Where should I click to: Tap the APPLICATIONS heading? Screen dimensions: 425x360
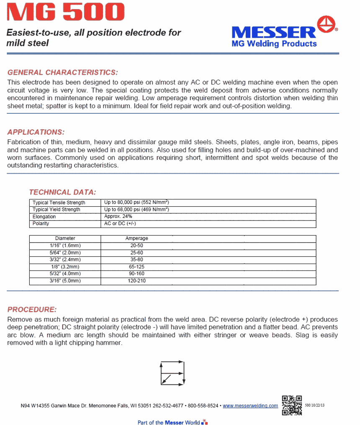point(36,132)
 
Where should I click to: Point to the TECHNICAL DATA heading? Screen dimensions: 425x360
point(62,192)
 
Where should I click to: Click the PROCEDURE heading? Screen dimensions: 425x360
point(32,310)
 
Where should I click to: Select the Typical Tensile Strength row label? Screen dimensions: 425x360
point(59,202)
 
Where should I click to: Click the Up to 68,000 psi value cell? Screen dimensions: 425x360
point(136,210)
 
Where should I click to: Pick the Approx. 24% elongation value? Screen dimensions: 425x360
point(118,217)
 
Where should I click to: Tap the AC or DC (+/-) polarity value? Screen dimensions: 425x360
point(120,223)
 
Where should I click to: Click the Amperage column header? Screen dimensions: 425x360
point(136,238)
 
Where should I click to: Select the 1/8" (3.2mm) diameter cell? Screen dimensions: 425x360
point(65,267)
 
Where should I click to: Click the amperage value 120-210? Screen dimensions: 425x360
point(136,281)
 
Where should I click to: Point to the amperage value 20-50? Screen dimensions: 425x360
point(136,246)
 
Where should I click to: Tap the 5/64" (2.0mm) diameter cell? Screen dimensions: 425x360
point(65,253)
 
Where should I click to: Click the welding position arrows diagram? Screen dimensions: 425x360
point(172,373)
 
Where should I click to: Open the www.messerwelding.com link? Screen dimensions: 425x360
point(250,406)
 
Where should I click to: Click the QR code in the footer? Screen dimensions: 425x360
point(292,405)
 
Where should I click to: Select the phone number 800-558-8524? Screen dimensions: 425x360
point(203,406)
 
